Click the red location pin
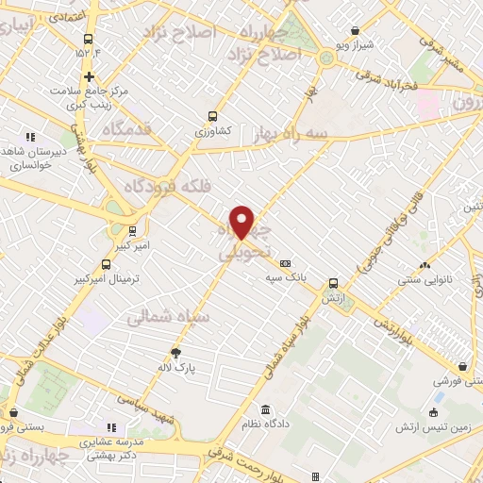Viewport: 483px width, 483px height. pyautogui.click(x=242, y=222)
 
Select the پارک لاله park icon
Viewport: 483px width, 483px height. pyautogui.click(x=175, y=353)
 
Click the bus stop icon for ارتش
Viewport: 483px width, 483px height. pyautogui.click(x=333, y=282)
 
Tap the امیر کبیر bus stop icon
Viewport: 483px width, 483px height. pyautogui.click(x=131, y=229)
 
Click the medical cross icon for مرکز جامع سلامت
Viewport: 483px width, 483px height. pyautogui.click(x=90, y=76)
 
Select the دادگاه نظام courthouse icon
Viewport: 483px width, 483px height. pyautogui.click(x=264, y=410)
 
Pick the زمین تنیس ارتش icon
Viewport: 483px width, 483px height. pyautogui.click(x=433, y=412)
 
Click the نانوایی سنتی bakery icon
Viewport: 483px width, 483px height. pyautogui.click(x=425, y=265)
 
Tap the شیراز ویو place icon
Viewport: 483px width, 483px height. pyautogui.click(x=341, y=44)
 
